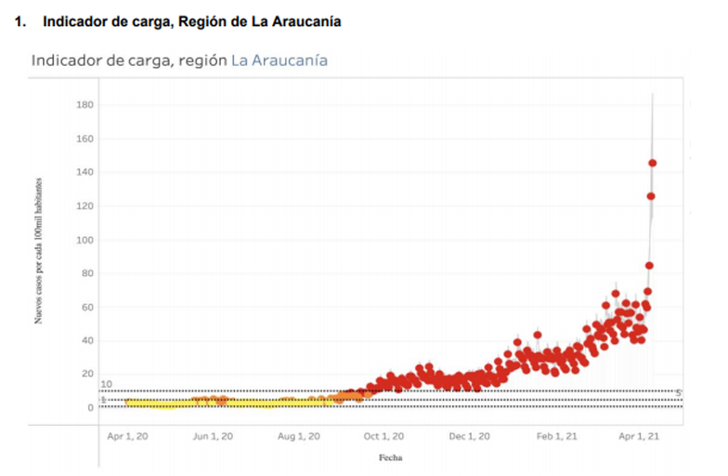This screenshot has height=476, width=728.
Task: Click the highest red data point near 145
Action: pos(653,163)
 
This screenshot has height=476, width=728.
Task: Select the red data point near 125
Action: pos(651,196)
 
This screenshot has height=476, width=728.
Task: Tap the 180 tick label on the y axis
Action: pos(84,105)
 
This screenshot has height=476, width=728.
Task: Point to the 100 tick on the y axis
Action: pos(84,240)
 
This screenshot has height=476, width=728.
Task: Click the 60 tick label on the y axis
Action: pos(87,307)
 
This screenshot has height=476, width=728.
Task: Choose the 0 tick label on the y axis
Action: pos(90,408)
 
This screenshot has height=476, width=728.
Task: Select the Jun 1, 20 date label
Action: pos(213,436)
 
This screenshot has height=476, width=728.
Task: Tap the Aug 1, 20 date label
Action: pos(299,436)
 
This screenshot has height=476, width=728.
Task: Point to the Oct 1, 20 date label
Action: pos(383,436)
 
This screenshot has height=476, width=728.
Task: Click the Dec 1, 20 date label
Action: pos(470,436)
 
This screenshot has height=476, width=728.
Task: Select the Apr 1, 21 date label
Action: pos(640,436)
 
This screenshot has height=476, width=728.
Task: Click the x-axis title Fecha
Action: pos(390,457)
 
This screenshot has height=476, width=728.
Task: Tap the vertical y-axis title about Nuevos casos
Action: pos(39,262)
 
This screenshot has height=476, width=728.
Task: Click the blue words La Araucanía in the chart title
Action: pos(279,60)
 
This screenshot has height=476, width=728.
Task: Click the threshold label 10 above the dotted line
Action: pos(107,384)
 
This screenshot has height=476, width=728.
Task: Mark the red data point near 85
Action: pos(650,265)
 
